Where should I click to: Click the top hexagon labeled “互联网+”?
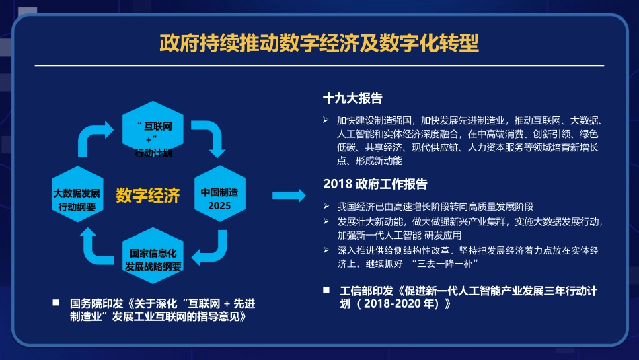pyautogui.click(x=153, y=131)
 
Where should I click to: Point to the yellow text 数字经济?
pyautogui.click(x=148, y=196)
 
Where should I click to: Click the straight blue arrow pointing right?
pyautogui.click(x=289, y=196)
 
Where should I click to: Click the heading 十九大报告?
pyautogui.click(x=352, y=98)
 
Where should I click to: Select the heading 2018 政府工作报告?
pyautogui.click(x=375, y=184)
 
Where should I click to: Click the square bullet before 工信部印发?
pyautogui.click(x=326, y=291)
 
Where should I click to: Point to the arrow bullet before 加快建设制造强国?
pyautogui.click(x=326, y=120)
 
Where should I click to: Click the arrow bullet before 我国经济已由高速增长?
pyautogui.click(x=326, y=206)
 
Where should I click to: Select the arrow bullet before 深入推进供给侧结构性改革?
pyautogui.click(x=326, y=250)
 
